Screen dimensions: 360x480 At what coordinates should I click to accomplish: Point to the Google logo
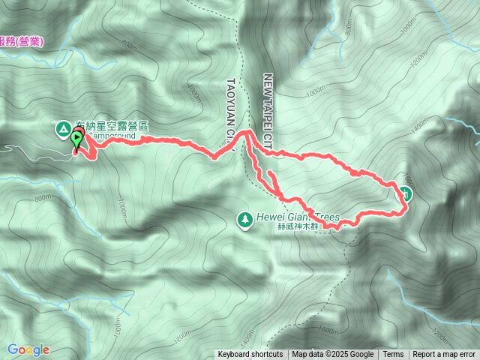coord(28,349)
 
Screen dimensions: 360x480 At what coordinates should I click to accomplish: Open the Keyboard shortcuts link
coord(250,355)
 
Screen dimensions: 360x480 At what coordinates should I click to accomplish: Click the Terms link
coord(393,355)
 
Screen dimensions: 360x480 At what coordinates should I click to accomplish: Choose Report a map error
coord(444,355)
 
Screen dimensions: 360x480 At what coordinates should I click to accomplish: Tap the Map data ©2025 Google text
coord(333,355)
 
